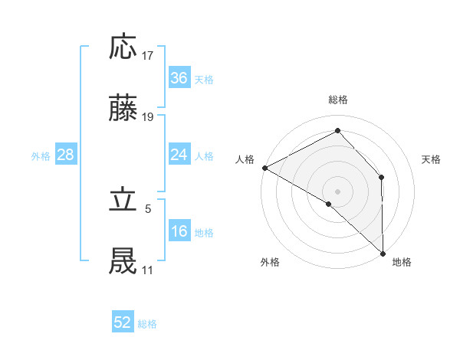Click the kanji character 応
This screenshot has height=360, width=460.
pyautogui.click(x=123, y=47)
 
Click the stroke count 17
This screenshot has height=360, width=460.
pyautogui.click(x=148, y=56)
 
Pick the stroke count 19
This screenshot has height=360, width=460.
pyautogui.click(x=148, y=117)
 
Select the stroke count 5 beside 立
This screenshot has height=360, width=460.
pyautogui.click(x=148, y=208)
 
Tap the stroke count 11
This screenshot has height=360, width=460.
pyautogui.click(x=147, y=270)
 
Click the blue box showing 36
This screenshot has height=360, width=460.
pyautogui.click(x=179, y=78)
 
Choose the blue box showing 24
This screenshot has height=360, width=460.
pyautogui.click(x=179, y=155)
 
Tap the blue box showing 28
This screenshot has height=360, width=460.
pyautogui.click(x=66, y=155)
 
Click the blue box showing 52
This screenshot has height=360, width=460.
pyautogui.click(x=123, y=322)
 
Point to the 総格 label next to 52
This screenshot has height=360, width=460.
pyautogui.click(x=148, y=324)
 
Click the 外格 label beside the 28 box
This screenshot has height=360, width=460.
pyautogui.click(x=41, y=156)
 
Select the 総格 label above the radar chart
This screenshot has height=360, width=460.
pyautogui.click(x=337, y=100)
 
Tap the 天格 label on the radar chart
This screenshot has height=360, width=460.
pyautogui.click(x=432, y=159)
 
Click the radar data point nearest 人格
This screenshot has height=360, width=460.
pyautogui.click(x=264, y=168)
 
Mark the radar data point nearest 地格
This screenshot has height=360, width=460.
pyautogui.click(x=383, y=253)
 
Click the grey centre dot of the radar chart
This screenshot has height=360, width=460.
pyautogui.click(x=337, y=191)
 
